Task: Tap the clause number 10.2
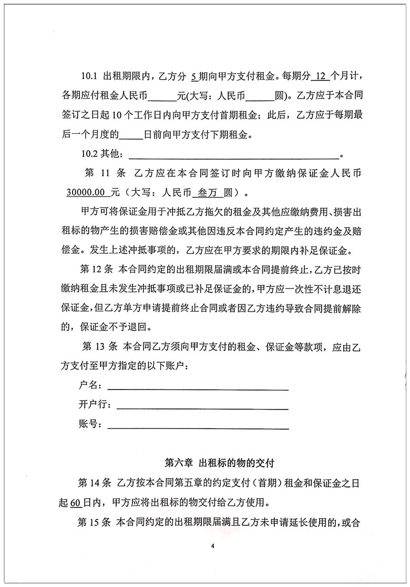[88, 155]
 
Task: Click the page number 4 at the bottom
[213, 545]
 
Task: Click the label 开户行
[93, 405]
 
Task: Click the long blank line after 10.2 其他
[234, 156]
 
